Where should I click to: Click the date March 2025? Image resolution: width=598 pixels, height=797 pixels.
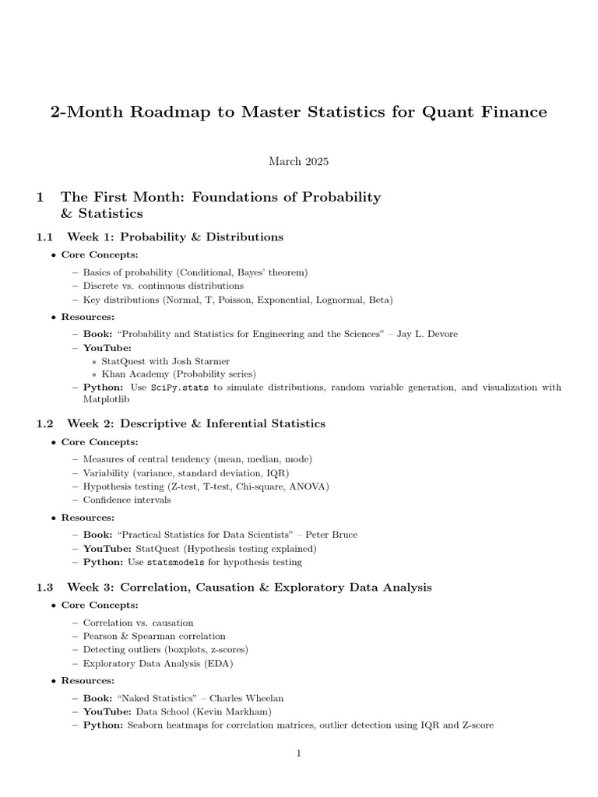pos(298,161)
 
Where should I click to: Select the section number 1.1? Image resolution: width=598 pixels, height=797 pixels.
pos(46,237)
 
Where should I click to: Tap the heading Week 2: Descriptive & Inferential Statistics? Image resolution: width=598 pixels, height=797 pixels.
pos(196,423)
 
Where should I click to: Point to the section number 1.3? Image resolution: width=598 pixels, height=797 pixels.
pos(46,587)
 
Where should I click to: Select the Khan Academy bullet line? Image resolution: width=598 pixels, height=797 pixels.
pos(178,374)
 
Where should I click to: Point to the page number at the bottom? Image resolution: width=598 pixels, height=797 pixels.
pos(298,753)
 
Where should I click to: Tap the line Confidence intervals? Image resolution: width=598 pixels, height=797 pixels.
pos(127,500)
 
